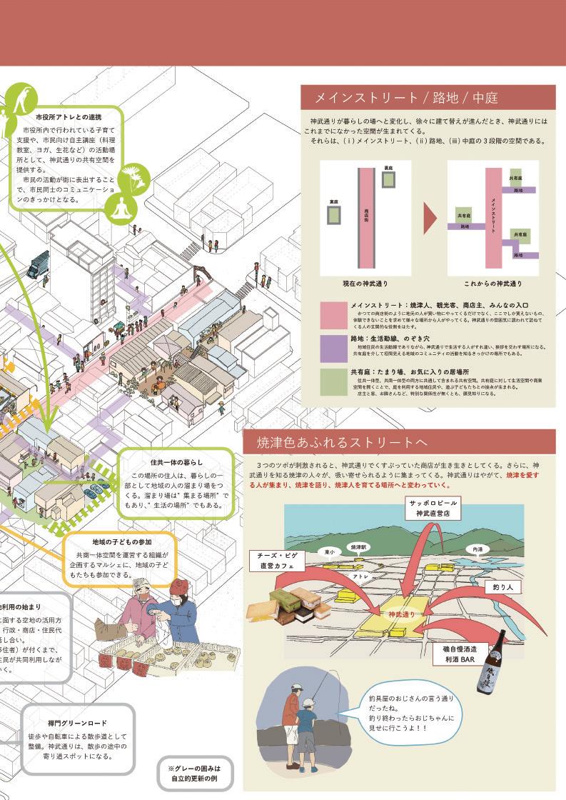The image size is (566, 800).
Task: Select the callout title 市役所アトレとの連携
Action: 68,116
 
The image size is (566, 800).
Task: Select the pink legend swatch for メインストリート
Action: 333,315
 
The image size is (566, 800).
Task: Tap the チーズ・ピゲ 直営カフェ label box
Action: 278,560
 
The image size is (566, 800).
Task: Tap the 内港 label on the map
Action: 493,549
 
